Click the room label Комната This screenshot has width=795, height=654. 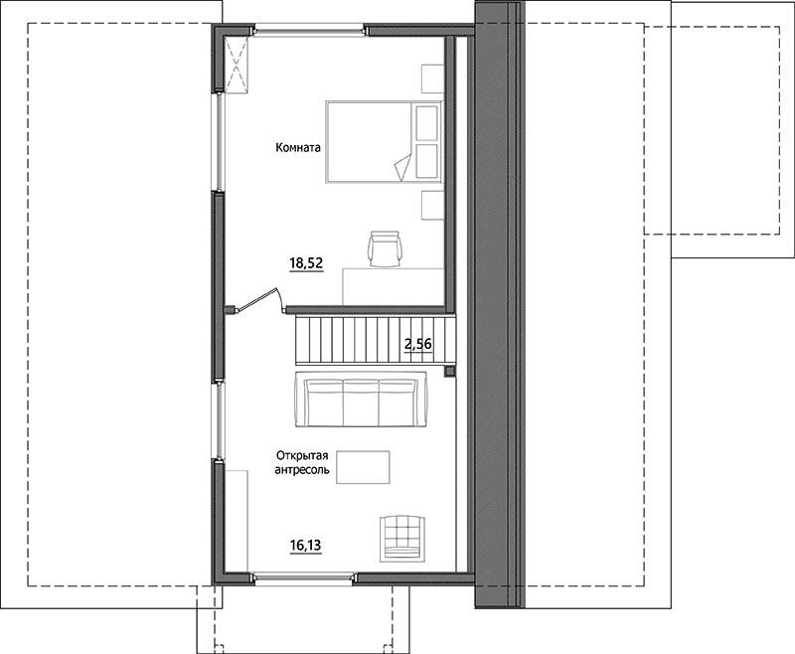coord(298,148)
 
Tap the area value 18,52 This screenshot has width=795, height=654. coord(306,263)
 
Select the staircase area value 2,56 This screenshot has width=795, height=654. coord(418,345)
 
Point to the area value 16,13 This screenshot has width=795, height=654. coord(306,546)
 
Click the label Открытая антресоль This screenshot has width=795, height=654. coord(302,462)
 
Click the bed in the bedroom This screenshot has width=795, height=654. coord(384,142)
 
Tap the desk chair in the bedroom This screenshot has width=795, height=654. coord(385,248)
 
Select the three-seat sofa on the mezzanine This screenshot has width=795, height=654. coord(360,399)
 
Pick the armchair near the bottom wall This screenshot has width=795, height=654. coord(402,539)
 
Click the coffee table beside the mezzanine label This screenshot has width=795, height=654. coord(363,467)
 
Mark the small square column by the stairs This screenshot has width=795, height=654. coord(449,372)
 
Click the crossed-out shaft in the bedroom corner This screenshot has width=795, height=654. coord(237,65)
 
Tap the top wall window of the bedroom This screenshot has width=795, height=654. coord(308,32)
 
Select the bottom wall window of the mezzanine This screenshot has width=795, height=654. coord(304,576)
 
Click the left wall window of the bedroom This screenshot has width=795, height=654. coord(219,142)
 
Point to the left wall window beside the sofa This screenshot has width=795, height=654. coord(219,420)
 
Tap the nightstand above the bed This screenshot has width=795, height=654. coord(432,79)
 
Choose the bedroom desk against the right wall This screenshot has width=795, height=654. coord(394,286)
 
